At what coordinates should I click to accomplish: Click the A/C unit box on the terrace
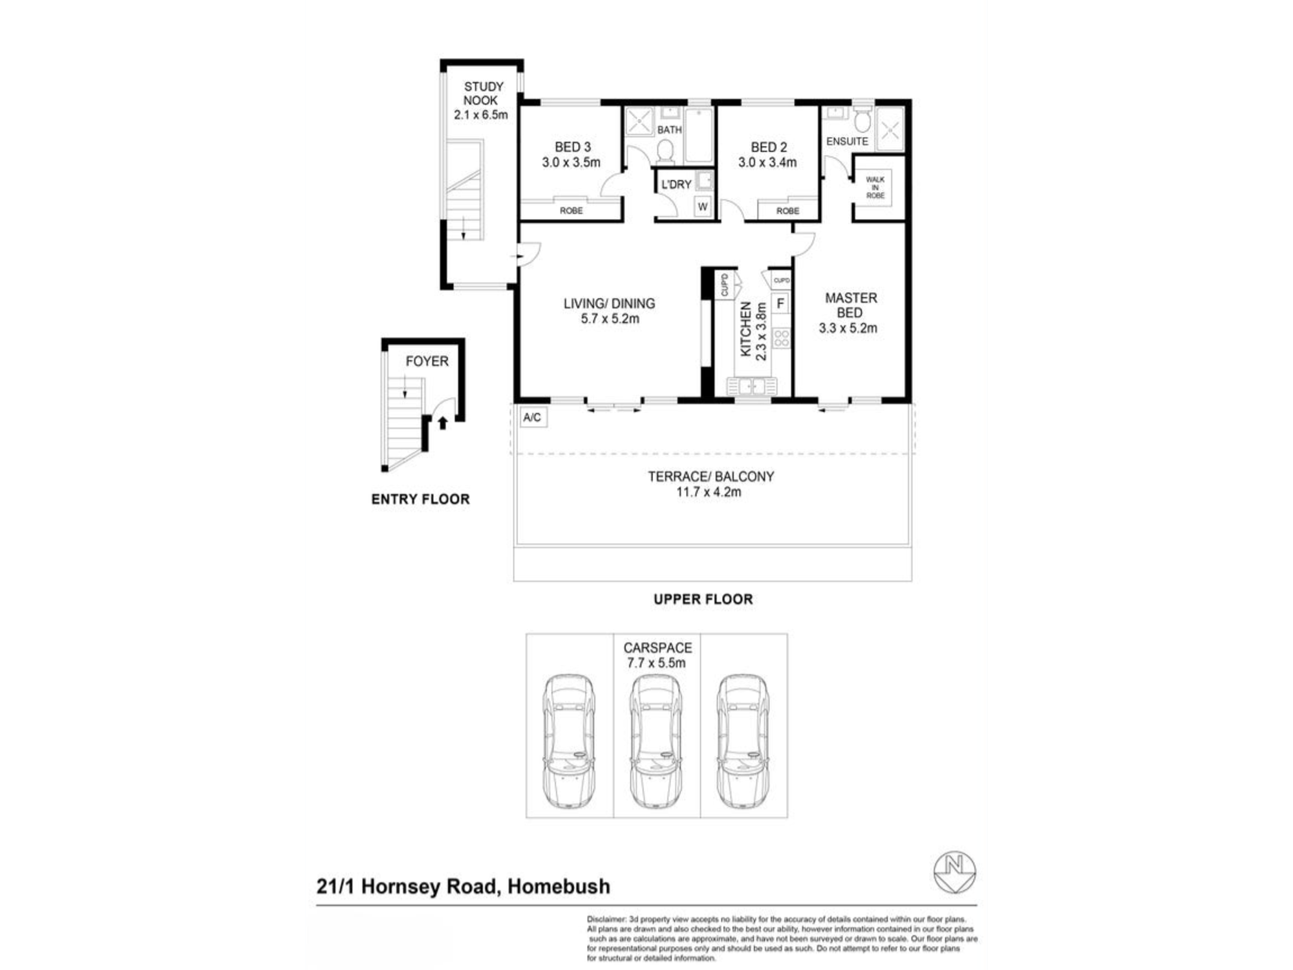click(533, 417)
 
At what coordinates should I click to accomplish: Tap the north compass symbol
click(955, 872)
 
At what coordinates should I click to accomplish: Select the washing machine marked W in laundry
click(702, 206)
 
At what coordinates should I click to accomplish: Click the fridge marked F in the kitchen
click(780, 303)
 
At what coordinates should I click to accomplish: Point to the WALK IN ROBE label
click(875, 188)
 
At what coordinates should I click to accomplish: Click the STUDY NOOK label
click(482, 93)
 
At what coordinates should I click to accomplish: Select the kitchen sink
click(751, 386)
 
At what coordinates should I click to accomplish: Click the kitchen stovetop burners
click(782, 338)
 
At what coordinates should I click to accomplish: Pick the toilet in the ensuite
click(862, 120)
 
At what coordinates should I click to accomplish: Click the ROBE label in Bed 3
click(571, 210)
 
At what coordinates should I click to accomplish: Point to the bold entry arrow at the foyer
click(443, 423)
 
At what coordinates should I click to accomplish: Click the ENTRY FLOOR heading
click(420, 499)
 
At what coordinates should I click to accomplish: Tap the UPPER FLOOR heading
click(703, 599)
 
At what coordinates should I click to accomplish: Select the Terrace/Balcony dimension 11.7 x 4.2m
click(709, 492)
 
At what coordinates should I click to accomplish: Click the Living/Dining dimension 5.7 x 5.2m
click(610, 319)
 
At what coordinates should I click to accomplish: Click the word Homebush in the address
click(559, 886)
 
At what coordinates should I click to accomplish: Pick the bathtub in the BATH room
click(698, 135)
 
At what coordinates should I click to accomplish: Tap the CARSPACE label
click(657, 647)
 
